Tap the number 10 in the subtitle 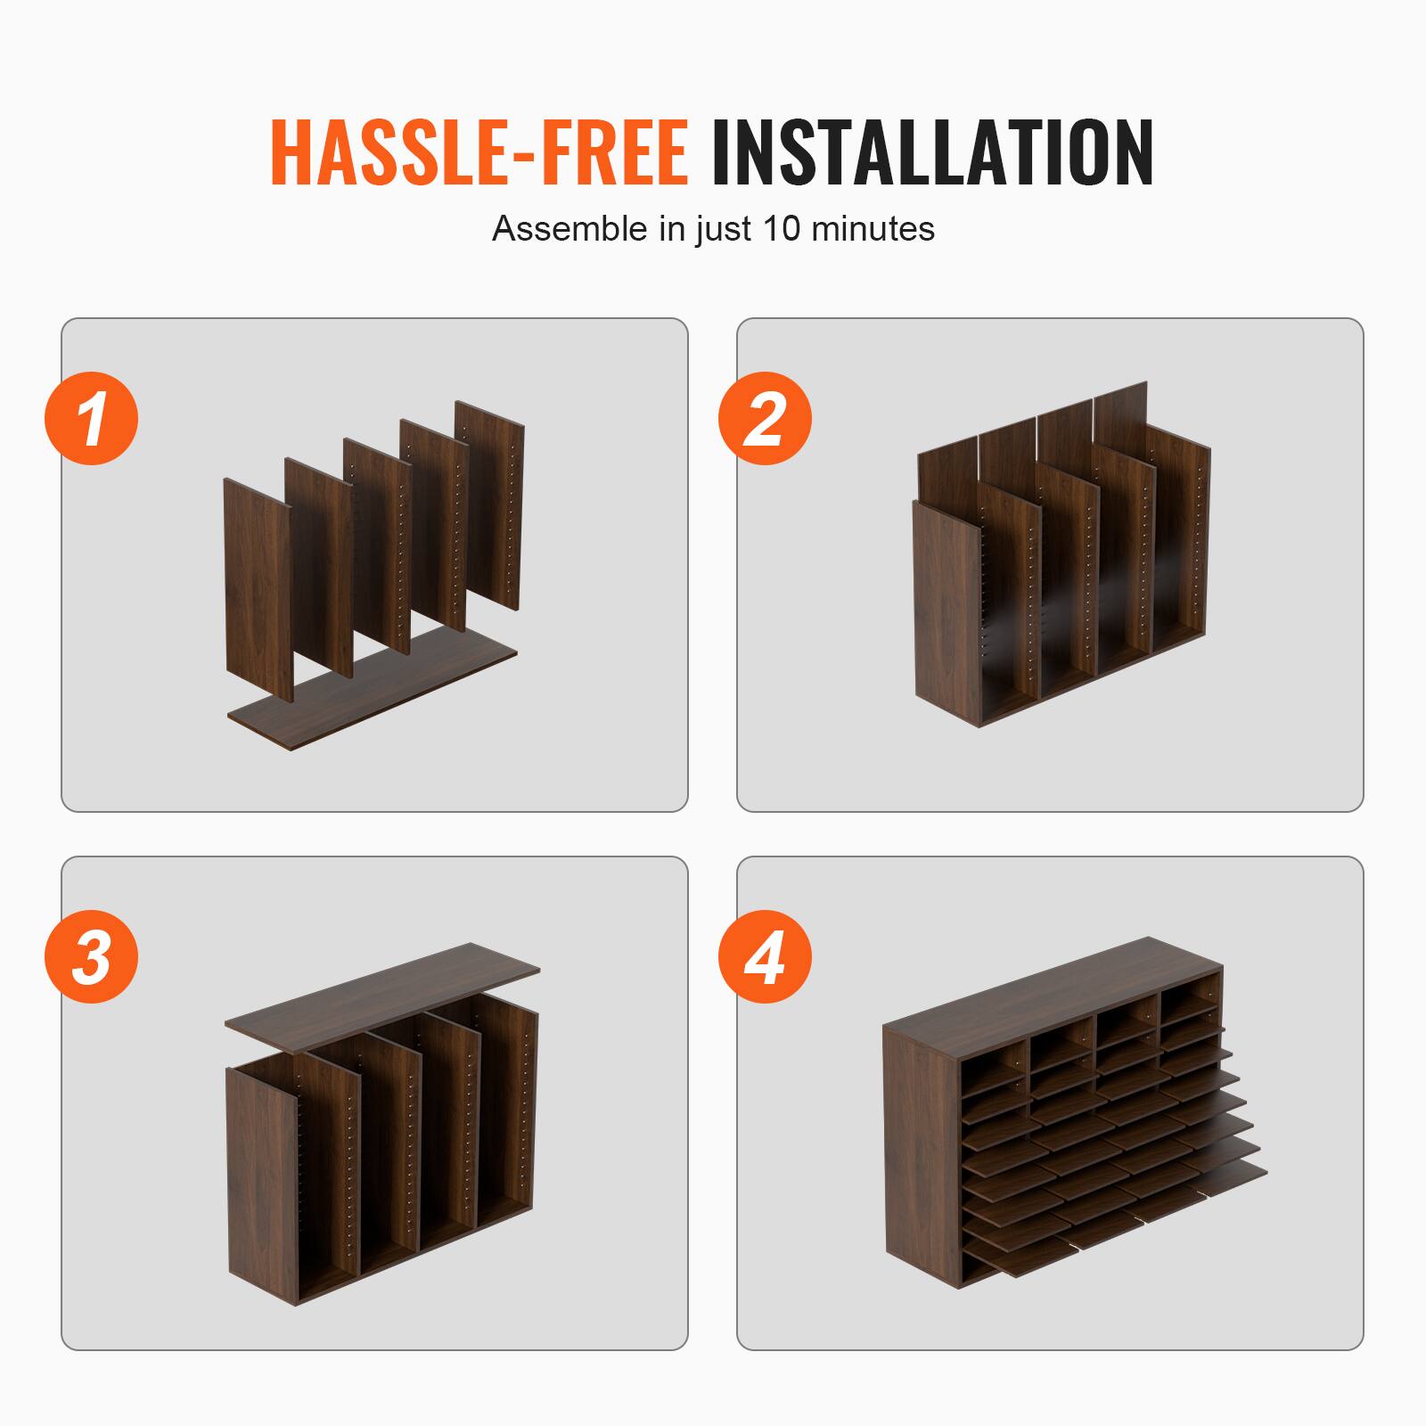(783, 229)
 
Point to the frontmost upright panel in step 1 (258, 588)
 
